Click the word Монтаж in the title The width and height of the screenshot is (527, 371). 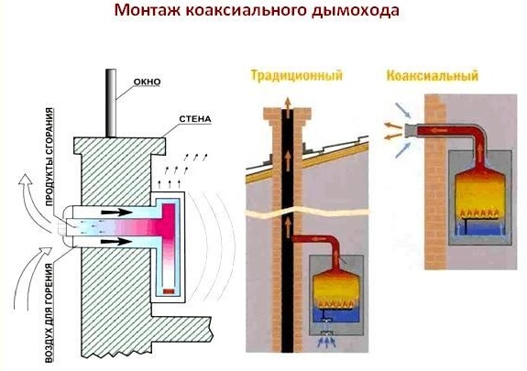click(x=147, y=11)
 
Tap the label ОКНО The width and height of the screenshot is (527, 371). click(x=147, y=82)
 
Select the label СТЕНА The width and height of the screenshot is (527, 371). click(x=195, y=119)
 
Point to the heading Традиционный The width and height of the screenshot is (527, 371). click(x=296, y=75)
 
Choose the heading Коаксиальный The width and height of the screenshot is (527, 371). click(x=433, y=75)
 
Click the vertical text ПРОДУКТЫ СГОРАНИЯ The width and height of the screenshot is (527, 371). click(x=49, y=157)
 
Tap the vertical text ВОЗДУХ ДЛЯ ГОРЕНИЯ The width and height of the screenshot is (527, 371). click(x=49, y=313)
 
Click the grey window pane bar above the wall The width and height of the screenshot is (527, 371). click(x=111, y=104)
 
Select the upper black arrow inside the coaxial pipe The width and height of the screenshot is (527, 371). click(x=116, y=213)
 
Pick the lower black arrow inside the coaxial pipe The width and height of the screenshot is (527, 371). click(x=116, y=241)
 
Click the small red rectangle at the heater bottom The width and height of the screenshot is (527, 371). click(x=169, y=291)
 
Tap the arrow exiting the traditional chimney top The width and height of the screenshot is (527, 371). click(x=288, y=107)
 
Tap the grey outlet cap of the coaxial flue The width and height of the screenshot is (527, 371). click(x=410, y=131)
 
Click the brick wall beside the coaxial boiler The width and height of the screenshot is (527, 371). click(x=435, y=181)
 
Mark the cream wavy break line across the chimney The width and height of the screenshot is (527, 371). click(x=308, y=213)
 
